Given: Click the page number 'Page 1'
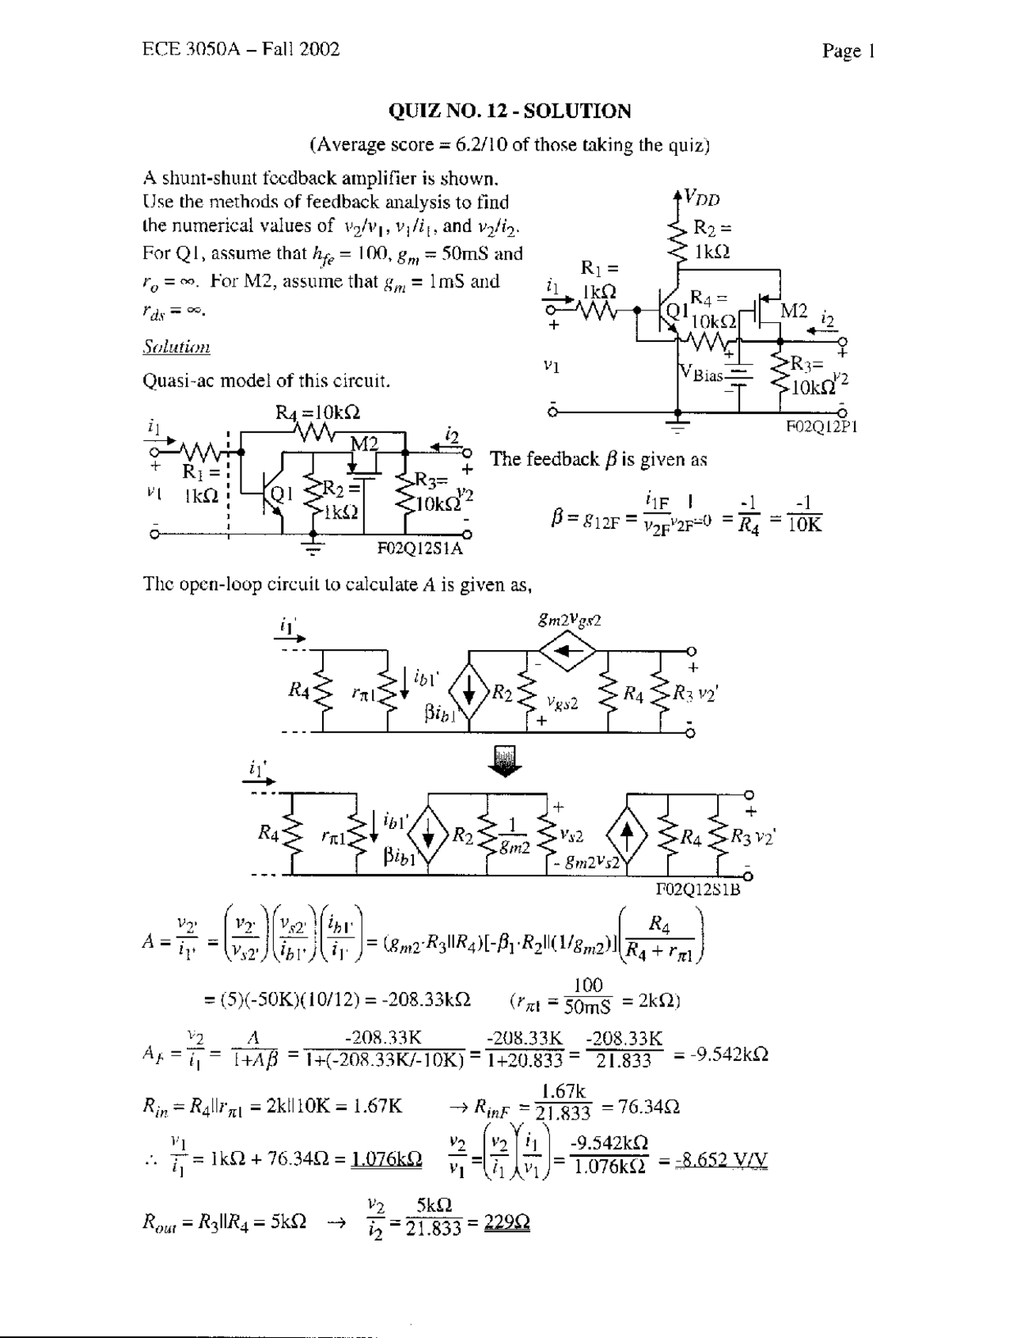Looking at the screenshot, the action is click(848, 51).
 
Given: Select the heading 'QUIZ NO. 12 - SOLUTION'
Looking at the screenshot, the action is click(510, 111).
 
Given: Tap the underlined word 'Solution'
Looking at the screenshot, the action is click(176, 347).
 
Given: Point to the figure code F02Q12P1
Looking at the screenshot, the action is click(821, 426).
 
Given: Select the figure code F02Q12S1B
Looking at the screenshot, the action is click(698, 889).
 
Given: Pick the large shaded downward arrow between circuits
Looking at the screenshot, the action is click(507, 764).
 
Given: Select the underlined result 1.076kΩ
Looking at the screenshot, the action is click(386, 1160).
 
